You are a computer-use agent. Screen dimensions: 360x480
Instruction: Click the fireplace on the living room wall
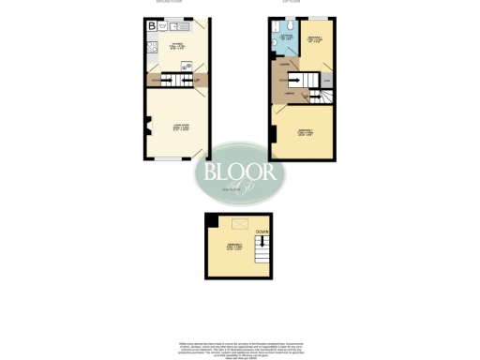click(148, 121)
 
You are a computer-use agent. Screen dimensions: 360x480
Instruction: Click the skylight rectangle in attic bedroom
click(240, 223)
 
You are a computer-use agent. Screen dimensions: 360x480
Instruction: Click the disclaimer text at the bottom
click(240, 348)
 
